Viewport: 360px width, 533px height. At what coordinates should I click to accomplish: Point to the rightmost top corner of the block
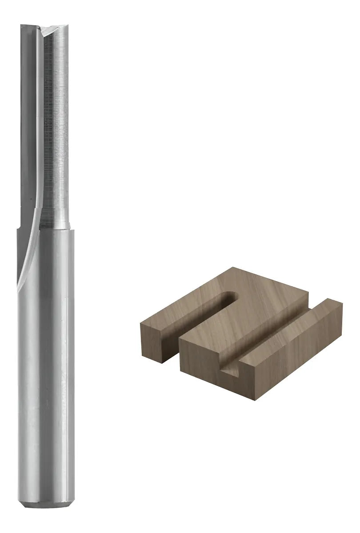click(342, 303)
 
